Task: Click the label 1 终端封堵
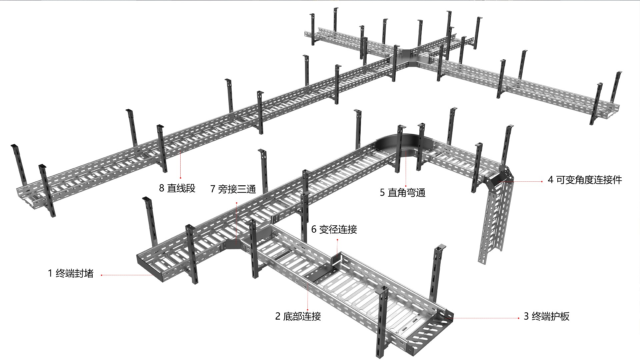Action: tap(70, 274)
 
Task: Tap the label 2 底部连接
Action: tap(298, 316)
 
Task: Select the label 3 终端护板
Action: tap(547, 316)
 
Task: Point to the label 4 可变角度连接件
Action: tap(585, 180)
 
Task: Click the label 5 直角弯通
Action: tap(403, 193)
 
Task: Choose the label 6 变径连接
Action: tap(334, 229)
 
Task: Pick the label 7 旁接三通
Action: tap(233, 189)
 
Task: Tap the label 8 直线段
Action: tap(177, 188)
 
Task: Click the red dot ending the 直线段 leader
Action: tap(180, 178)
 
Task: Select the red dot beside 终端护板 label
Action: tap(519, 318)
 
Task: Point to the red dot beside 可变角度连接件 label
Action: tap(542, 182)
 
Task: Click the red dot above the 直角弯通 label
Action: tap(406, 186)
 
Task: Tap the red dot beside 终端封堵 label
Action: tap(101, 275)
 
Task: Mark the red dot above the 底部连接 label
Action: tap(307, 310)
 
